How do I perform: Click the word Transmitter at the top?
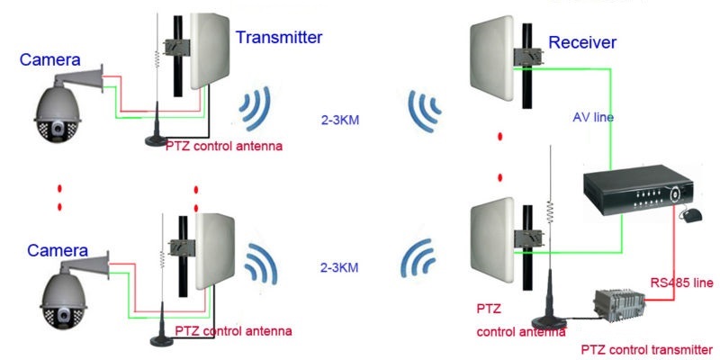coord(278,38)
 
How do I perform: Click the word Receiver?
coord(581,42)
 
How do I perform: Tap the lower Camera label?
coord(58,249)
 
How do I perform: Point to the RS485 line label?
coord(681,283)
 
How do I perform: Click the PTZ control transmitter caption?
coord(647,348)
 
